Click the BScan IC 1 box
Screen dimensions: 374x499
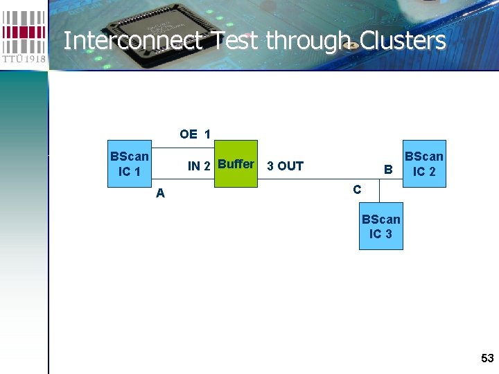(x=129, y=163)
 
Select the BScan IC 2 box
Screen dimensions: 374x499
(x=423, y=163)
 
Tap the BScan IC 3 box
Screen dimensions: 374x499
(x=380, y=226)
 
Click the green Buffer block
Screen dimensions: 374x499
(x=236, y=164)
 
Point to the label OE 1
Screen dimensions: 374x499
(x=195, y=134)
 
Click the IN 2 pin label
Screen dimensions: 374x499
(x=199, y=166)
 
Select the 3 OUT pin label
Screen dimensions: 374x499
(x=285, y=166)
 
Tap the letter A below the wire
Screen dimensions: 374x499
(x=160, y=193)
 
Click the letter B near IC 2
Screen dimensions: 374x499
(x=388, y=169)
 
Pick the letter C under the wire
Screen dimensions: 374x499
(x=356, y=189)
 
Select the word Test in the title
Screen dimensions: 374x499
(x=235, y=41)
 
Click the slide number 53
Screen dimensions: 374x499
(x=487, y=358)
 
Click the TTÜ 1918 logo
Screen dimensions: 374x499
(x=24, y=35)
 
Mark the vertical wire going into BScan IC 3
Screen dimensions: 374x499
(x=380, y=195)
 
